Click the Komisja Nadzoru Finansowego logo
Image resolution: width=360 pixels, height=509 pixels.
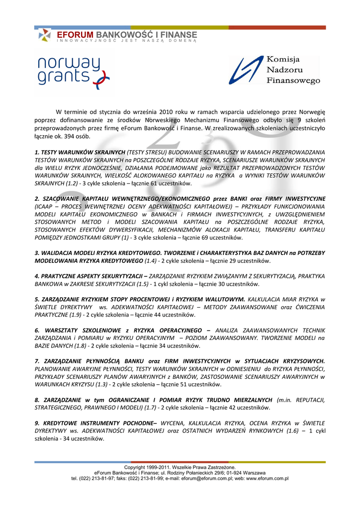(x=274, y=70)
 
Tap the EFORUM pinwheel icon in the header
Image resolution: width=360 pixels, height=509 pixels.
(x=45, y=35)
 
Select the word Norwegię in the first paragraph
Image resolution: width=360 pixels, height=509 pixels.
(x=312, y=112)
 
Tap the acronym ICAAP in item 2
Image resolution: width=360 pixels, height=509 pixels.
(x=45, y=206)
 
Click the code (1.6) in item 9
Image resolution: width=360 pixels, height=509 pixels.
(x=290, y=431)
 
